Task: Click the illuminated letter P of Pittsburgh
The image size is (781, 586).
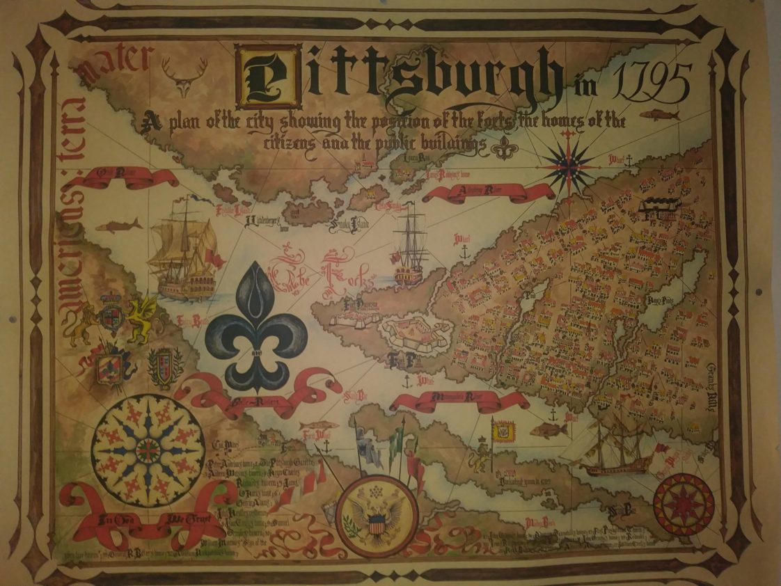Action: tap(268, 77)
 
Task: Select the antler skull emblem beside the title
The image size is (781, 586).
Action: tap(184, 76)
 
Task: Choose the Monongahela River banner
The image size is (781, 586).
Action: tap(459, 400)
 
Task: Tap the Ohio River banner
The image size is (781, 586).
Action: tap(128, 177)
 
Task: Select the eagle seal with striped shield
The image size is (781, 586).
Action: tap(377, 516)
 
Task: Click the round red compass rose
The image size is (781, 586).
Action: tap(684, 504)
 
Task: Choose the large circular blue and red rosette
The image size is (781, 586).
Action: tap(148, 451)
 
